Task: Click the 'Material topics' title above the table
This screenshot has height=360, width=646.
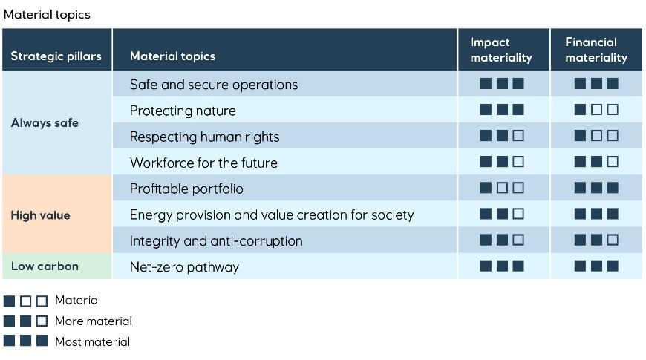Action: [x=47, y=14]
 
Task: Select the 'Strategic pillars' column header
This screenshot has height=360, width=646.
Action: [x=56, y=56]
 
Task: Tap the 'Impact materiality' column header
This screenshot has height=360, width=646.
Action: [x=501, y=50]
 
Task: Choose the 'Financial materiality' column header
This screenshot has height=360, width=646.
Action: [x=596, y=50]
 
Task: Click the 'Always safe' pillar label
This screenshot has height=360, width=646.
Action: [x=45, y=123]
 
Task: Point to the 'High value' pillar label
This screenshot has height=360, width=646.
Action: [x=40, y=215]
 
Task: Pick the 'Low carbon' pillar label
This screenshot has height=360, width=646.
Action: [x=45, y=266]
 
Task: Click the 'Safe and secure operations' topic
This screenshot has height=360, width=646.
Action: [x=213, y=85]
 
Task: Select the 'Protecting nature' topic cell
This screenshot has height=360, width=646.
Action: [x=183, y=111]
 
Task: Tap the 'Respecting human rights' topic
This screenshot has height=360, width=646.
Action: [x=204, y=137]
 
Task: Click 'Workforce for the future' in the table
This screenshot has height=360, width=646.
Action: [x=203, y=163]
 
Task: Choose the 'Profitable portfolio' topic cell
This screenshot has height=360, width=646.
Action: [x=186, y=189]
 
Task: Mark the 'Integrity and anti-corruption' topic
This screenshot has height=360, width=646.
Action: [x=216, y=240]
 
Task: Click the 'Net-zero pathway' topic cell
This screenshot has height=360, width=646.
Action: [x=184, y=266]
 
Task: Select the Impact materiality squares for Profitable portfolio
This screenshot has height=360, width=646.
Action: [x=502, y=188]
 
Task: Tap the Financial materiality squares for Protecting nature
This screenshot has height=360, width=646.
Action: [x=596, y=110]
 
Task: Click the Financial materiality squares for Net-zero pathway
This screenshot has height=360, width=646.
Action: [x=596, y=266]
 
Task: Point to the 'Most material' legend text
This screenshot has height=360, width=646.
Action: [x=92, y=342]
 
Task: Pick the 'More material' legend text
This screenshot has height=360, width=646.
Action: [x=94, y=321]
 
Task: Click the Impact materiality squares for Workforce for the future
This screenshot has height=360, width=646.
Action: [x=502, y=162]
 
